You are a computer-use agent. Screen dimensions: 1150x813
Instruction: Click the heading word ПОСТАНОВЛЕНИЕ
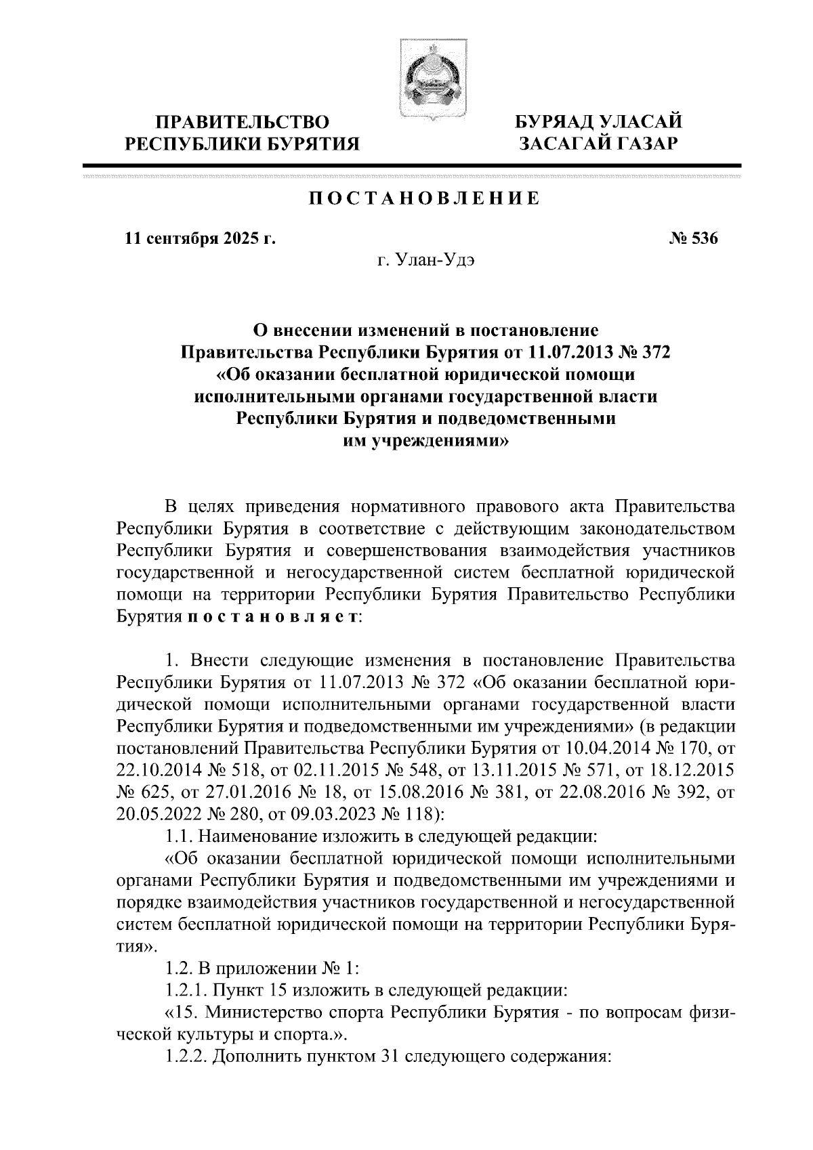pos(424,198)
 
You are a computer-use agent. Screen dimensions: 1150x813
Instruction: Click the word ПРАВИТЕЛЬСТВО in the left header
pos(243,122)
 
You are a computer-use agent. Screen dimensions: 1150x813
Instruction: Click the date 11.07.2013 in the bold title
pos(564,352)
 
